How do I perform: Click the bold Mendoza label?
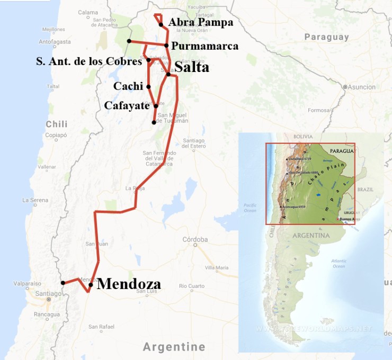point(129,284)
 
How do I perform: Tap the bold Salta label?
point(192,68)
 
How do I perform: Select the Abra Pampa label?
point(201,23)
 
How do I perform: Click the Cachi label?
point(128,86)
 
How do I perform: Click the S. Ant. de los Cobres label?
point(89,61)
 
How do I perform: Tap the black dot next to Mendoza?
point(91,285)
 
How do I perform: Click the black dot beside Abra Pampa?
point(161,24)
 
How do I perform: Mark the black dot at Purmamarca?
point(166,46)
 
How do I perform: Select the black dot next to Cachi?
point(148,86)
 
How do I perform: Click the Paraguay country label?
point(327,37)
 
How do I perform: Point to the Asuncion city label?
point(362,87)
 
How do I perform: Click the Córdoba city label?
point(195,239)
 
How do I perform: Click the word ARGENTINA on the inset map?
point(313,235)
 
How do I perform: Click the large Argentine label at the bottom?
point(174,347)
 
